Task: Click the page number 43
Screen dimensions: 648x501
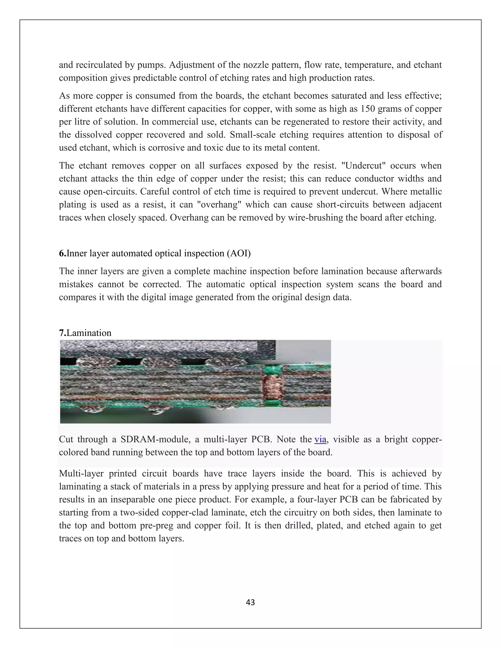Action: point(250,602)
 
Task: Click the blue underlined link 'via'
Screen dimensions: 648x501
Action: point(320,439)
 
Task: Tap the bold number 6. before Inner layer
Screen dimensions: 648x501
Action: point(62,253)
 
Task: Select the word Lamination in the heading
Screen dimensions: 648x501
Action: point(89,333)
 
